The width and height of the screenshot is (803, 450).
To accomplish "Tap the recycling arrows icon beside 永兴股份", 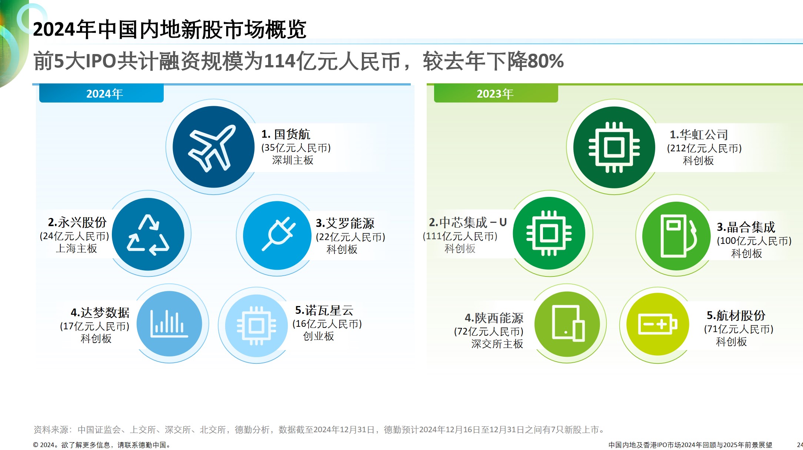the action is [148, 235].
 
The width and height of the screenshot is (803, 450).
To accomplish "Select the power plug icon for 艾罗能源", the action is [279, 234].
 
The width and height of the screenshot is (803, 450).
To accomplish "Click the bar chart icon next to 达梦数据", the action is [169, 323].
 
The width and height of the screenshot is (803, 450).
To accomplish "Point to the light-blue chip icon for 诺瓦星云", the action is [256, 326].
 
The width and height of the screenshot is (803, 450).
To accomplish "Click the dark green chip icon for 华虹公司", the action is [614, 147].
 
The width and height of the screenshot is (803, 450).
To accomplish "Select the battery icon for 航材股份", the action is [658, 324].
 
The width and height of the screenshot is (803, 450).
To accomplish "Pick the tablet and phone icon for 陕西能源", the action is [568, 323].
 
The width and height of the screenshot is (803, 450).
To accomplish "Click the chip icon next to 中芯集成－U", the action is [549, 233].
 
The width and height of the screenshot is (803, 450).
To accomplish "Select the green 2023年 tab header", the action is [496, 94].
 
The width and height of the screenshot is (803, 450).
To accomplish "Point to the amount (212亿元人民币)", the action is [704, 148].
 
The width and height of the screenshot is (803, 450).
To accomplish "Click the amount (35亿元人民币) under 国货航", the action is [296, 148].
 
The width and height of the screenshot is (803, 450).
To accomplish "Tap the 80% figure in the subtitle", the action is [546, 61].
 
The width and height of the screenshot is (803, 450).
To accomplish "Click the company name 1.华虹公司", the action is [699, 134].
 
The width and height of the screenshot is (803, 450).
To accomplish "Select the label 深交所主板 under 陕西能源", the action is [497, 344].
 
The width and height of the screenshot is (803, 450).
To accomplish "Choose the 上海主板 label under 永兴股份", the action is [76, 248].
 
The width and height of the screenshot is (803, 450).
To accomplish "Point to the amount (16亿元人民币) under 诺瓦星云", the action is [327, 324].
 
